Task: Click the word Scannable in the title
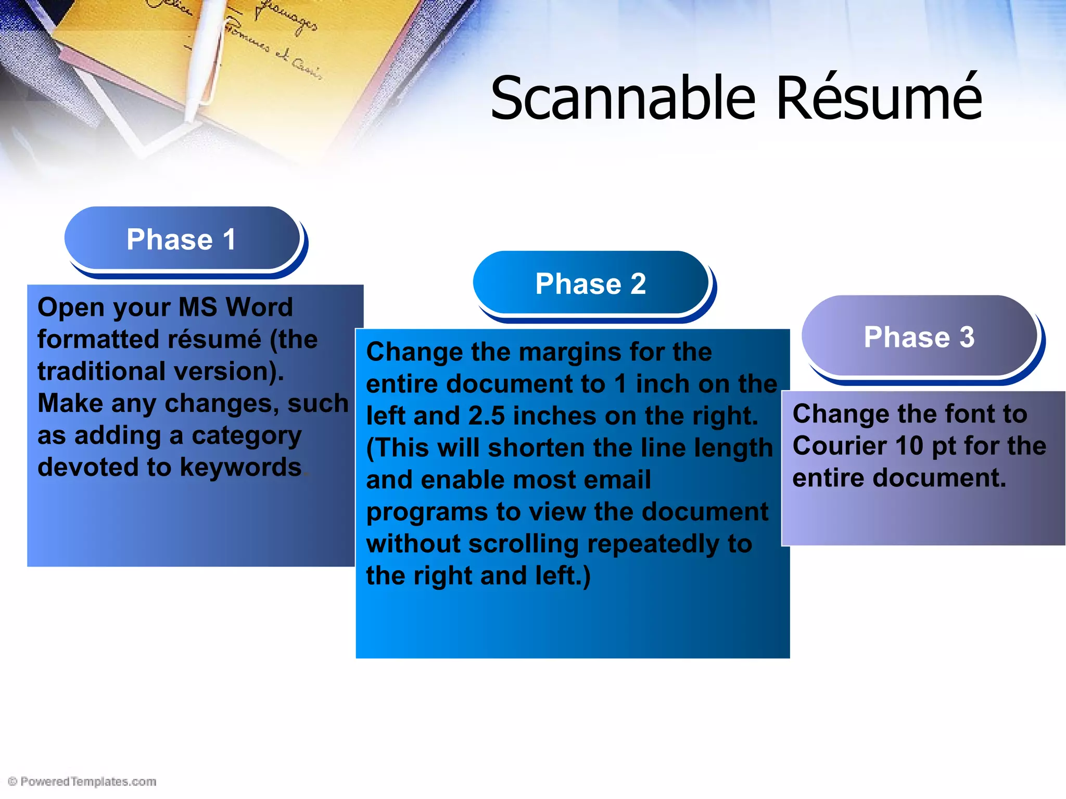click(x=623, y=98)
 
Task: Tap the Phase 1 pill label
click(x=182, y=239)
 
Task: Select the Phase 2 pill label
click(x=591, y=284)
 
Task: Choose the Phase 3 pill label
click(x=919, y=337)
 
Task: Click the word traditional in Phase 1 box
click(x=101, y=371)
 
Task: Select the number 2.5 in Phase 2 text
click(x=486, y=416)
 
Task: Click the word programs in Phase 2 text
click(x=426, y=512)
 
